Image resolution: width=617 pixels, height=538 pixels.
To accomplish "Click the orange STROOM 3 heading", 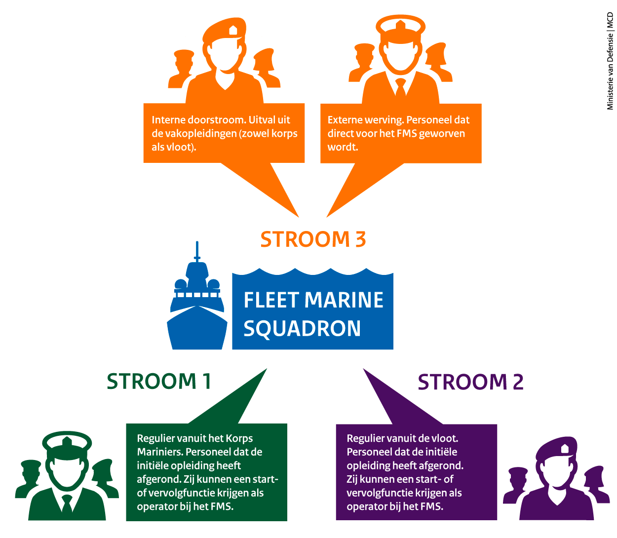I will [313, 239].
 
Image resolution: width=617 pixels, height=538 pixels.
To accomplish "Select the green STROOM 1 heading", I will [159, 382].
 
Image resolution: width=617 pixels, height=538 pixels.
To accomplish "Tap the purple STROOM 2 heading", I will [470, 382].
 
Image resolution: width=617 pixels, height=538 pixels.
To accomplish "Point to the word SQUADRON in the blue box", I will [302, 329].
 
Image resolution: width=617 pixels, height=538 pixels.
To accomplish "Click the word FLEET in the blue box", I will [271, 300].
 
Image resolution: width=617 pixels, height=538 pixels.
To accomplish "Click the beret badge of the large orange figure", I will [233, 31].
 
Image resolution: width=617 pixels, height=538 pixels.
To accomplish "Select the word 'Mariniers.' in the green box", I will [159, 452].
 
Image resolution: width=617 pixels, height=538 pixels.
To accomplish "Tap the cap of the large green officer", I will [67, 441].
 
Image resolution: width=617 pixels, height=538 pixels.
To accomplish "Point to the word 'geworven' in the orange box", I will [442, 134].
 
